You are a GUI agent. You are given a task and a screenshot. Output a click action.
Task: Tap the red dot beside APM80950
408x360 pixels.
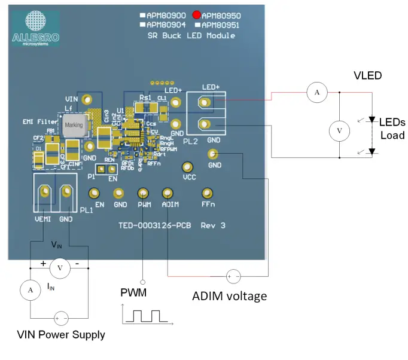pos(196,15)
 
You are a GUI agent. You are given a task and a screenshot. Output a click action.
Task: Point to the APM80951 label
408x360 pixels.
pos(221,25)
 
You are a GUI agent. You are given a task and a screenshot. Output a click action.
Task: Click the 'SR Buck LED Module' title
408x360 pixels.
pos(191,36)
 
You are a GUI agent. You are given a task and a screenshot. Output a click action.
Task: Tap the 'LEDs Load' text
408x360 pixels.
pos(392,129)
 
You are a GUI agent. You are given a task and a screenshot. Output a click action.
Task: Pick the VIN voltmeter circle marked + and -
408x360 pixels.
pos(59,269)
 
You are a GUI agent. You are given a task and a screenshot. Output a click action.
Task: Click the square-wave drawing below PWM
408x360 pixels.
pos(144,315)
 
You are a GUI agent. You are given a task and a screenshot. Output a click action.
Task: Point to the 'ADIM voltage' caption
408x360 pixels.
pos(229,296)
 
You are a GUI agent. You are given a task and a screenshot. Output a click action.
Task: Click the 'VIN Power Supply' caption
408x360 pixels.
pos(61,335)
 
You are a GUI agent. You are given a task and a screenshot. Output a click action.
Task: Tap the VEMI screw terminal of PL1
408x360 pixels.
pos(44,192)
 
